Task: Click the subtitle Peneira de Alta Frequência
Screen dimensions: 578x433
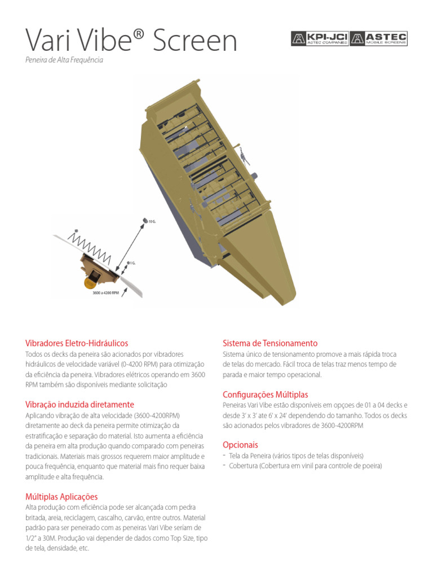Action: point(64,60)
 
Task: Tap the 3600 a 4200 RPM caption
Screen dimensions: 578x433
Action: point(105,293)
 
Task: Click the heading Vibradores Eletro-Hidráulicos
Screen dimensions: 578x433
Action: point(77,343)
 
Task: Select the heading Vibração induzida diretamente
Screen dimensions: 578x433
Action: point(79,404)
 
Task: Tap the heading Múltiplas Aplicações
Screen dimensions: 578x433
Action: point(61,497)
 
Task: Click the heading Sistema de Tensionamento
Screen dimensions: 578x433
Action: point(270,343)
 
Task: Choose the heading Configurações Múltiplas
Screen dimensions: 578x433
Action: point(265,394)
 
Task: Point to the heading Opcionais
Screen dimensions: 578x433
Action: point(240,445)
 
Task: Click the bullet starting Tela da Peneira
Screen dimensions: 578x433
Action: point(296,456)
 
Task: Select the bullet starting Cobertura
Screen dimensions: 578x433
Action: point(305,466)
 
